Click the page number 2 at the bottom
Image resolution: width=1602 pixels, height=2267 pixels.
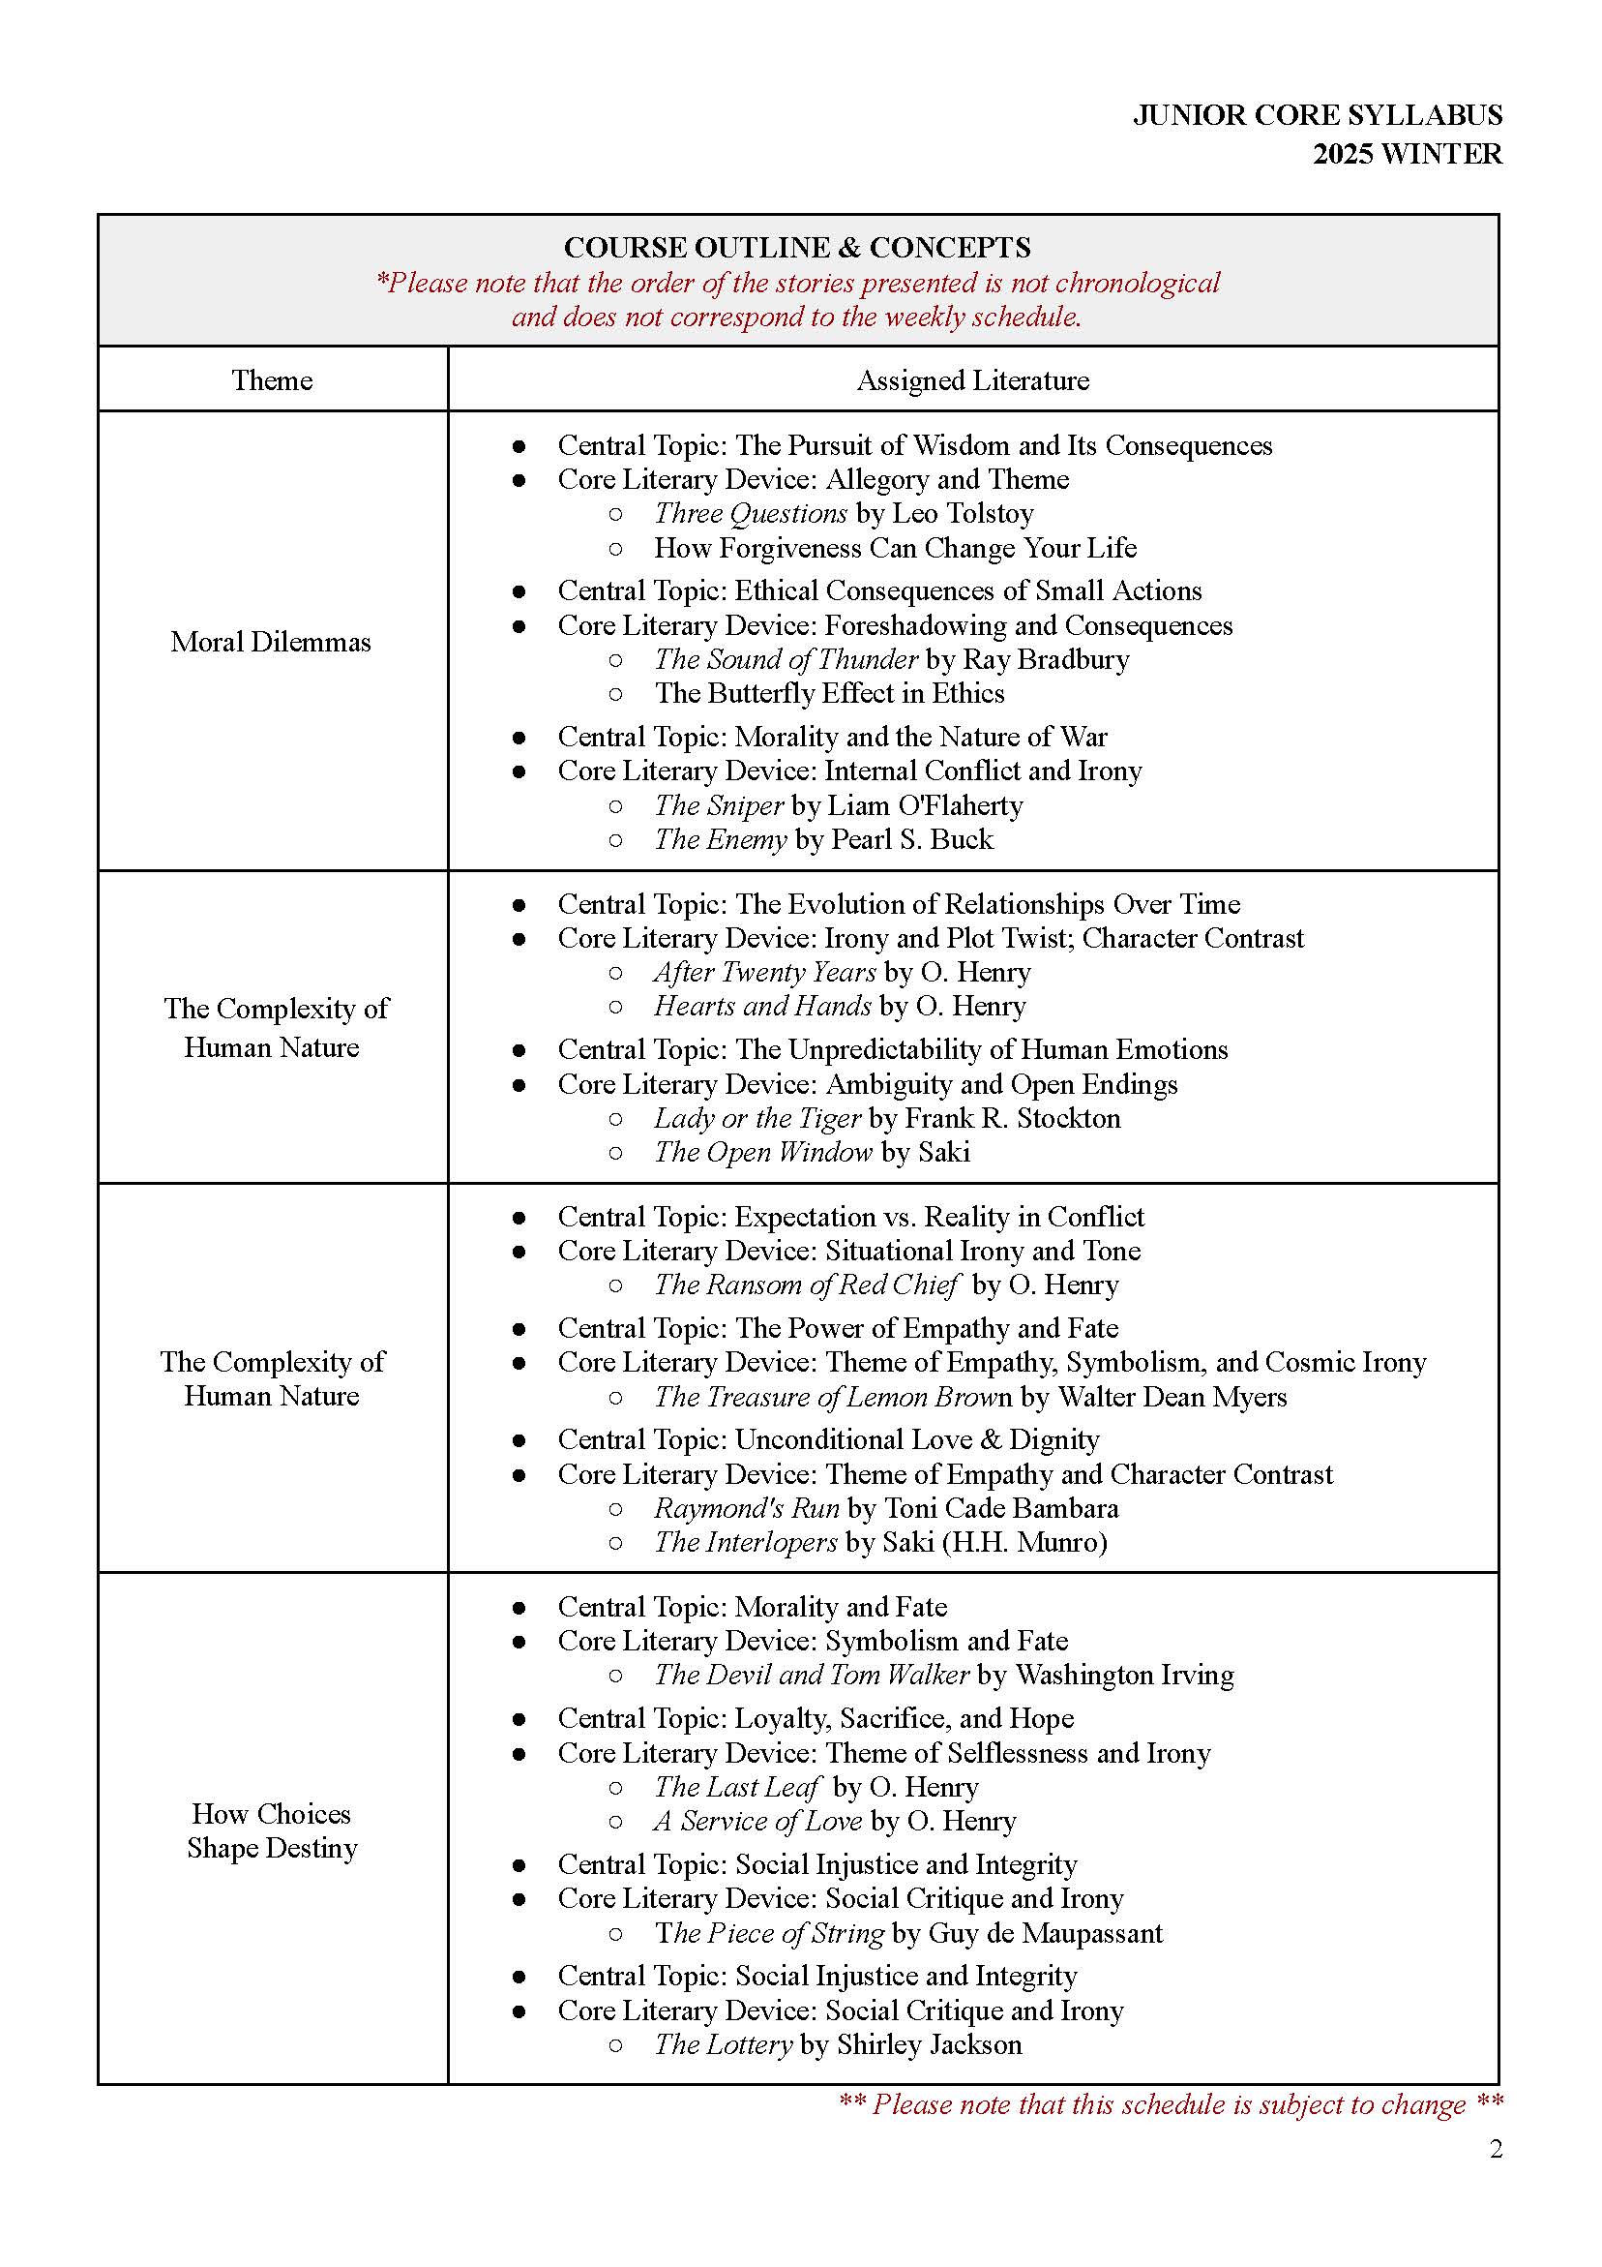pyautogui.click(x=1496, y=2149)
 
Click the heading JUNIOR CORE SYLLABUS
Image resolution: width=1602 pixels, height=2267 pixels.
pyautogui.click(x=1317, y=115)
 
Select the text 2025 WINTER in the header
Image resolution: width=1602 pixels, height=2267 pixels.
pyautogui.click(x=1407, y=154)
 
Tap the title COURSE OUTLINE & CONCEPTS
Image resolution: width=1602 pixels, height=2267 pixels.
pyautogui.click(x=796, y=247)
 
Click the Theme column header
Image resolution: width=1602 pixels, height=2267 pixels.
pyautogui.click(x=272, y=380)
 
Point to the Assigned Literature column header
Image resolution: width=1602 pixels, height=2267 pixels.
pyautogui.click(x=972, y=380)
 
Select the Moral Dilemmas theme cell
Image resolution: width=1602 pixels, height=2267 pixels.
pyautogui.click(x=271, y=642)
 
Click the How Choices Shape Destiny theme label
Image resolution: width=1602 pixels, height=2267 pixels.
pyautogui.click(x=272, y=1829)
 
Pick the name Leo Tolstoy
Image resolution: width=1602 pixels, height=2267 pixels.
pyautogui.click(x=963, y=513)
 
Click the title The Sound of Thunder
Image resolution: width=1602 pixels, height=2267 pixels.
pyautogui.click(x=786, y=658)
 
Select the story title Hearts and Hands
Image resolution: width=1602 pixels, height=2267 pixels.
pyautogui.click(x=762, y=1006)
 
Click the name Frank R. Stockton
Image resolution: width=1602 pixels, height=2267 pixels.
pyautogui.click(x=1012, y=1118)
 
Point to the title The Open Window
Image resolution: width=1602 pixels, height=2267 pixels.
pyautogui.click(x=763, y=1152)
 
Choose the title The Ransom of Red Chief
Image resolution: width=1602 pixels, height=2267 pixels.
pyautogui.click(x=807, y=1285)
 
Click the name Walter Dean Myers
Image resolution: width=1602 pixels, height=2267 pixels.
pyautogui.click(x=1172, y=1397)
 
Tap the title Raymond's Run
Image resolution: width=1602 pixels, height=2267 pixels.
pyautogui.click(x=746, y=1509)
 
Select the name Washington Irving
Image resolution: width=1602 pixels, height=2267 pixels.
pyautogui.click(x=1124, y=1675)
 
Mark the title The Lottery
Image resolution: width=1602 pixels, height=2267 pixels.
pyautogui.click(x=724, y=2044)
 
